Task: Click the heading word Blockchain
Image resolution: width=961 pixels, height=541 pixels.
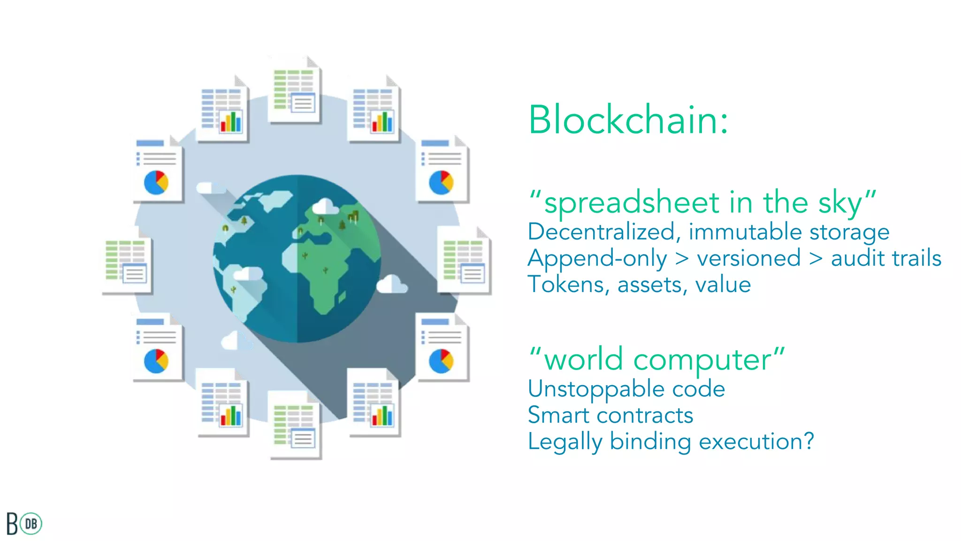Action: (x=628, y=120)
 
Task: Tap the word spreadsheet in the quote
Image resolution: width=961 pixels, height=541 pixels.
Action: (x=632, y=203)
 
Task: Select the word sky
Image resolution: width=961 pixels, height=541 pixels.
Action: (x=840, y=203)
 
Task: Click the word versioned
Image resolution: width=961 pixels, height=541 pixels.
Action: (x=749, y=258)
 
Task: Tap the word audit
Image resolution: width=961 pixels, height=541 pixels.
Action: (x=857, y=258)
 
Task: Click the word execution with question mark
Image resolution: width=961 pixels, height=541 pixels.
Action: (x=755, y=442)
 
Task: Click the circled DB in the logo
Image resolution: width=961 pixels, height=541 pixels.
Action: (x=31, y=524)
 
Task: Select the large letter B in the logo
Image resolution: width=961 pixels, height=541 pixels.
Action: (x=12, y=524)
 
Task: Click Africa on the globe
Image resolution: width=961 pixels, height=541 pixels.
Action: (x=324, y=272)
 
